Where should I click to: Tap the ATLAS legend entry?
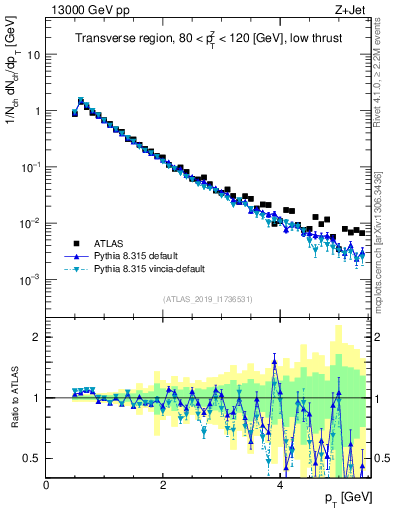point(107,243)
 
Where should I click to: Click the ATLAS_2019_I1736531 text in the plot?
point(208,299)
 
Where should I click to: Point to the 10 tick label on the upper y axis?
point(34,56)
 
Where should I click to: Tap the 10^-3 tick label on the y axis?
point(31,279)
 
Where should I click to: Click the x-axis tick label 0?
point(47,484)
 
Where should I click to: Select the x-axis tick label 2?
point(163,484)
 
